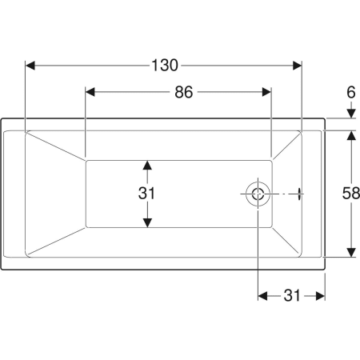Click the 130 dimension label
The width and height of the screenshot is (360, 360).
point(165,66)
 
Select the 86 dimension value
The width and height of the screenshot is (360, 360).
point(183,92)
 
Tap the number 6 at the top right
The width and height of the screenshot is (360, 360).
point(351,92)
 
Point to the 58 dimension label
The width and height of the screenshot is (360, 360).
point(351,194)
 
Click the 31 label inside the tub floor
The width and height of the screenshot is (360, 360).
point(146,194)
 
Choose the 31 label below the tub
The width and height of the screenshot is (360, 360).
point(292,295)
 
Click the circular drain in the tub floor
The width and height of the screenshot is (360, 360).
point(258,194)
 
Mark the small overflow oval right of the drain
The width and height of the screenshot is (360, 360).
point(300,194)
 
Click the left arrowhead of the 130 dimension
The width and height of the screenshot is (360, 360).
point(30,66)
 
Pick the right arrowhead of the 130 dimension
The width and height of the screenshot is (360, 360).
point(297,66)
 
